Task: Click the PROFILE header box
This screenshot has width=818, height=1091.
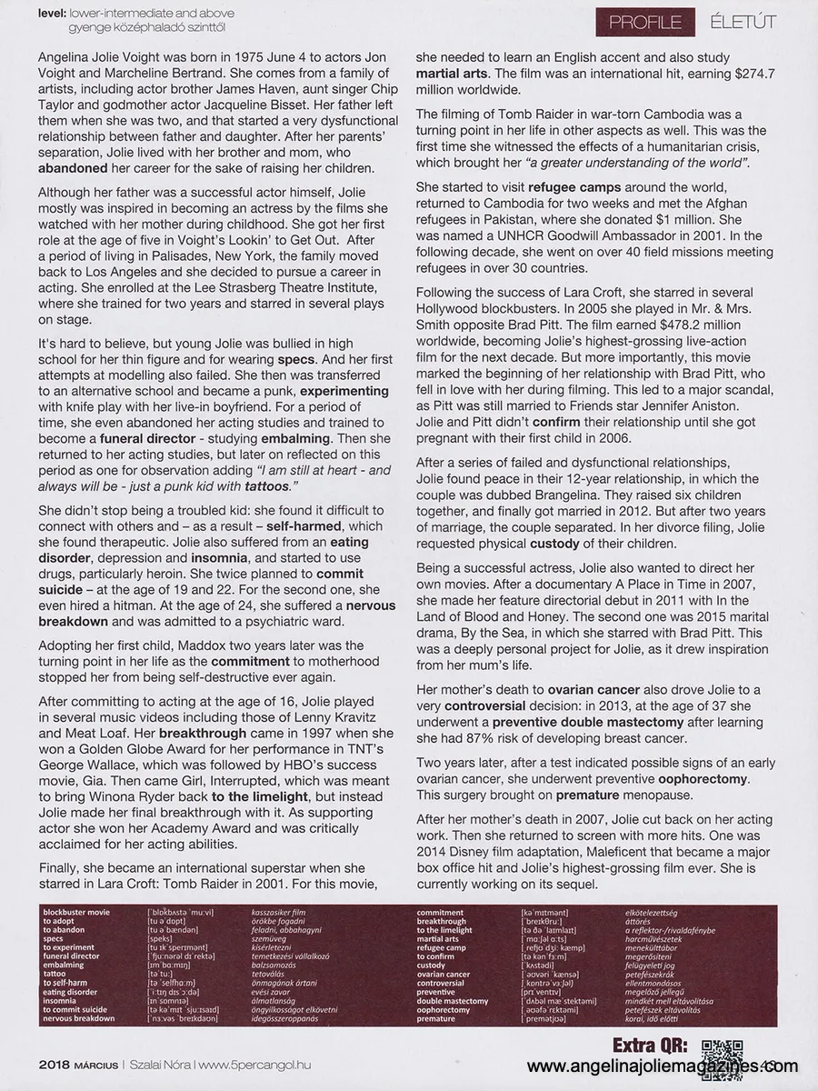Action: coord(645,22)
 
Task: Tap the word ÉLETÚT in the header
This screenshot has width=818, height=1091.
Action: coord(743,22)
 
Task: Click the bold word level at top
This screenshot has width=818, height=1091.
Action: coord(55,14)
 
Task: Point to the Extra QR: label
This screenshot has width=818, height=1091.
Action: coord(650,1044)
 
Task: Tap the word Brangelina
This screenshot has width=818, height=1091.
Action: coord(573,495)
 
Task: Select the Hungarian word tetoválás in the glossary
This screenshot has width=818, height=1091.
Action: coord(274,974)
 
